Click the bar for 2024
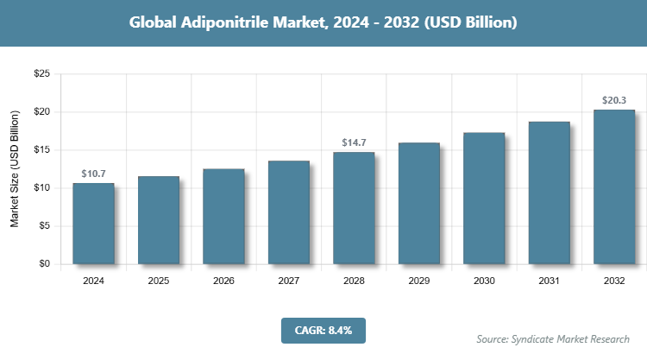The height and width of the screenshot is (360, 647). (x=93, y=224)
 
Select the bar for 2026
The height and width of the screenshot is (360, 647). (x=223, y=217)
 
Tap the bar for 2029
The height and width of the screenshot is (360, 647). (x=418, y=204)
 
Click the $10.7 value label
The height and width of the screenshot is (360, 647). (x=93, y=174)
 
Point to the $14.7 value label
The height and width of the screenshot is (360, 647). (x=354, y=143)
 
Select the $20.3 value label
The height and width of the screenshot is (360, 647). (x=613, y=100)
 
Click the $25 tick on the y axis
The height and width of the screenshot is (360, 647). (x=41, y=74)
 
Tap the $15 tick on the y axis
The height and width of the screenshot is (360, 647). (x=41, y=150)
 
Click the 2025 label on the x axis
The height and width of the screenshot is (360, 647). (x=159, y=281)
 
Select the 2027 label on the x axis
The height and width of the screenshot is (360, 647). (x=288, y=281)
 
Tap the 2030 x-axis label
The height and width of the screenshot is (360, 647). (x=484, y=281)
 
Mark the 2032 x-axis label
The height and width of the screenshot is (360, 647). (x=613, y=281)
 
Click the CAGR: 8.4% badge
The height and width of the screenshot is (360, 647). (x=323, y=330)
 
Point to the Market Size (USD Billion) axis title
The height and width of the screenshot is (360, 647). (x=15, y=169)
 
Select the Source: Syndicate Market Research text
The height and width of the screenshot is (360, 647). (x=553, y=338)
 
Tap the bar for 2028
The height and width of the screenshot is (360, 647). (x=354, y=208)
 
